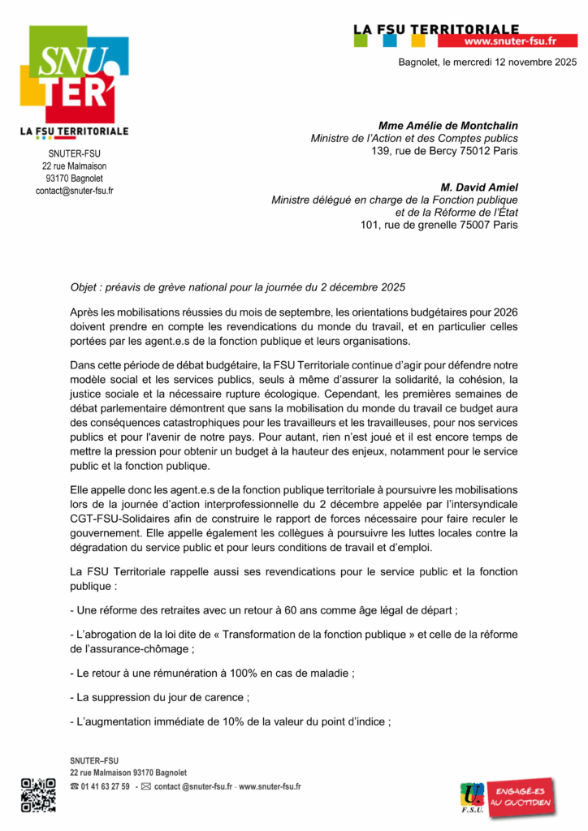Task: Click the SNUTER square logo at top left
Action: point(73,73)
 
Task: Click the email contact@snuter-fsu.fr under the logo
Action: point(74,191)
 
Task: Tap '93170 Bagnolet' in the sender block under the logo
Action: point(74,179)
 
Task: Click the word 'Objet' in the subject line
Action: point(85,288)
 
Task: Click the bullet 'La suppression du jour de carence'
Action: point(161,697)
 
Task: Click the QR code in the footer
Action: point(37,794)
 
